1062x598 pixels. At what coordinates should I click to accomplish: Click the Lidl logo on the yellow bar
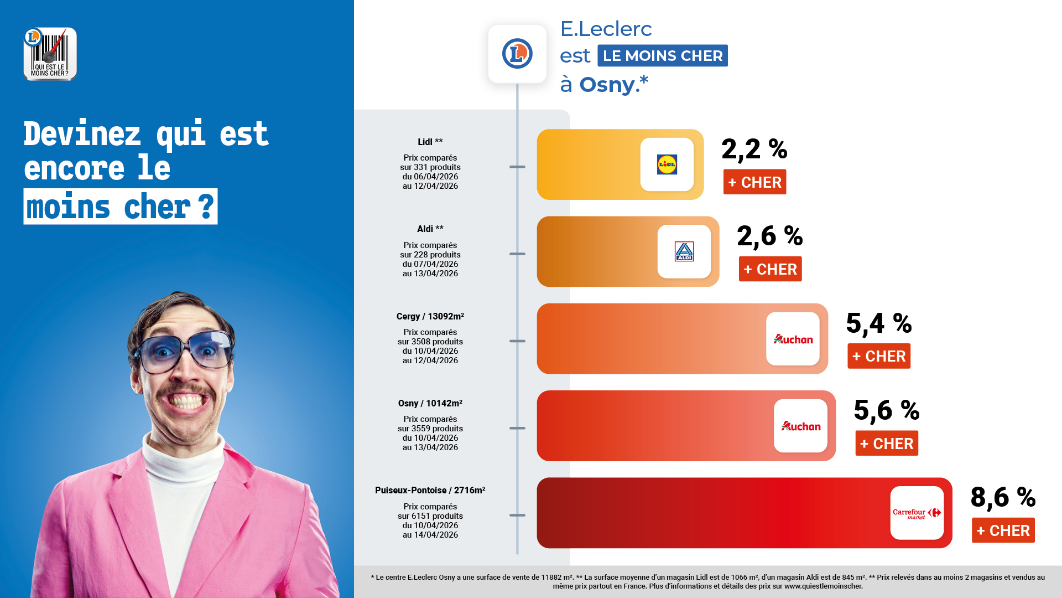(667, 164)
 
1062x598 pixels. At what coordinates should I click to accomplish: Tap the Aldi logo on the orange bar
(684, 251)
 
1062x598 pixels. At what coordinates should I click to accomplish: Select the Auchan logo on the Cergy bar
(793, 339)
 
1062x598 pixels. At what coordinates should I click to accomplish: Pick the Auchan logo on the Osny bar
(800, 426)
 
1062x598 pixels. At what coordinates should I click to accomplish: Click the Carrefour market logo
(917, 513)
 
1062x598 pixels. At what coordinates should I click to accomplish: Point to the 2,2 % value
(754, 149)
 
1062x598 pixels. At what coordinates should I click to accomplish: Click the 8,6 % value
(1003, 497)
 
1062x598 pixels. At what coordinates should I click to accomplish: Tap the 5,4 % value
(879, 323)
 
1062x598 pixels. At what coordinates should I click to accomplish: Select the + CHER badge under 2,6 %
(770, 269)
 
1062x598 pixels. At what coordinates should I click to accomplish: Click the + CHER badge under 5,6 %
(887, 444)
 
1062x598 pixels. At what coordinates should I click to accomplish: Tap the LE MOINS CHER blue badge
(663, 56)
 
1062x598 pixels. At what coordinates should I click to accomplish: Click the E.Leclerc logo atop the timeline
(517, 54)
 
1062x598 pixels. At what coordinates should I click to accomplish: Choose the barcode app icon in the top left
(50, 54)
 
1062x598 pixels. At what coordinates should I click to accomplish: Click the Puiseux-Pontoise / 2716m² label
(430, 491)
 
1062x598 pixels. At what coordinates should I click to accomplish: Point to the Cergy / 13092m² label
(430, 317)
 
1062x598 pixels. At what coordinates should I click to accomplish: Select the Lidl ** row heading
(430, 142)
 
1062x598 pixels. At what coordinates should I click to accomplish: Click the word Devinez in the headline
(82, 134)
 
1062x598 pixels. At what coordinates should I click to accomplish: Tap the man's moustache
(185, 391)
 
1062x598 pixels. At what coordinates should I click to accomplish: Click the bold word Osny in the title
(607, 85)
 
